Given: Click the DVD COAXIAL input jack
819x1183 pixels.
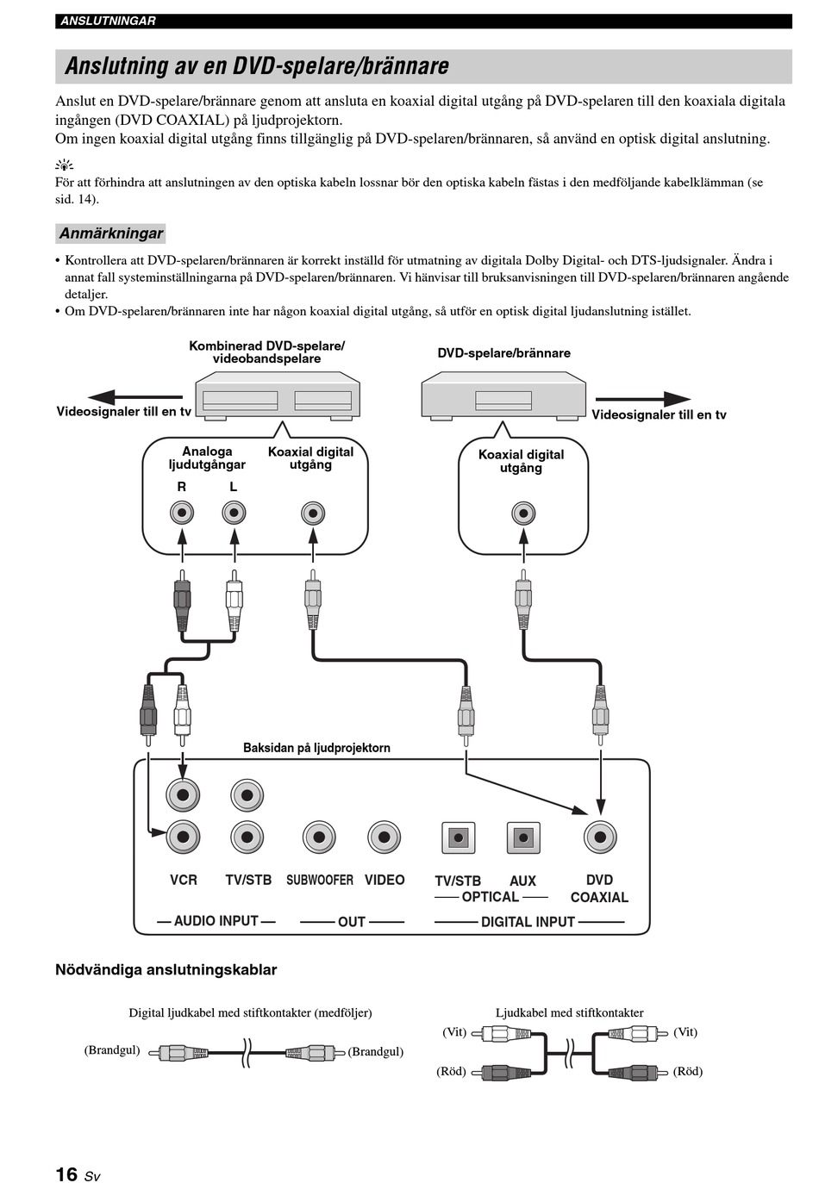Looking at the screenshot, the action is coord(600,837).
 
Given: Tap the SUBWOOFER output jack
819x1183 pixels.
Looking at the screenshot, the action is coord(319,837).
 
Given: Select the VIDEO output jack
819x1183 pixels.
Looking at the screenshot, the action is coord(384,837).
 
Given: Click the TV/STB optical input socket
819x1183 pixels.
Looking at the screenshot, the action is coord(458,837).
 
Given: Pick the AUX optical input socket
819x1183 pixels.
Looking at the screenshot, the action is coord(523,837).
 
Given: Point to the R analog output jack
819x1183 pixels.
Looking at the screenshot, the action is coord(182,513).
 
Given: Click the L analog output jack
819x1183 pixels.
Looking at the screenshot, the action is coord(234,513).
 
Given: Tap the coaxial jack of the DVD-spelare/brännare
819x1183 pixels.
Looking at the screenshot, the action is coord(523,514).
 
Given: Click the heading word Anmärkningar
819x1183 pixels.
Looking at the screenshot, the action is coord(111,233).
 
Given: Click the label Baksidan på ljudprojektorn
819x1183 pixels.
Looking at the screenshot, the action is coord(316,748).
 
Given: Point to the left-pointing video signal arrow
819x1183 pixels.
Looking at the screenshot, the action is coord(134,396).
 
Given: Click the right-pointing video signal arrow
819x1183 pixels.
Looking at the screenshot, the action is coord(643,399).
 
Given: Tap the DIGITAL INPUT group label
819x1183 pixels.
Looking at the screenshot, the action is coord(528,922).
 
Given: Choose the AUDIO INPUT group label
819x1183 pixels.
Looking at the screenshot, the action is coord(216,920).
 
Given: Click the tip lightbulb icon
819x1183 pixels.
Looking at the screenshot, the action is coord(64,165).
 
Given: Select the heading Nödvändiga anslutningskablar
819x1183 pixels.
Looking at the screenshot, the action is coord(166,969).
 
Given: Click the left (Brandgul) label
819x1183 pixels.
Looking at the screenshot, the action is coord(112,1049).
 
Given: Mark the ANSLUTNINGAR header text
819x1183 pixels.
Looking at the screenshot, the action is coord(108,22).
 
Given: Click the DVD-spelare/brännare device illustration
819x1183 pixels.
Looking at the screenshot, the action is coord(503,395).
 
